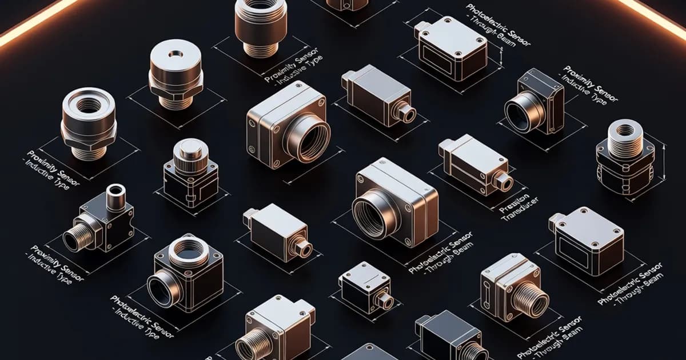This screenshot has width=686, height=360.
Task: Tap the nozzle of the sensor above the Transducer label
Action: click(504, 182)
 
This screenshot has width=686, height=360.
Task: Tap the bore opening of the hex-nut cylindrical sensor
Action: click(89, 105)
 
